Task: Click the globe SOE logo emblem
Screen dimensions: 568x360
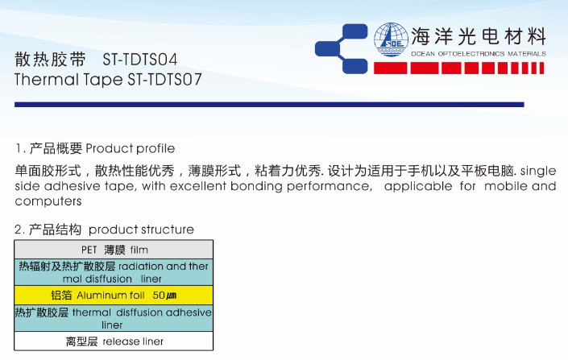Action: pyautogui.click(x=391, y=39)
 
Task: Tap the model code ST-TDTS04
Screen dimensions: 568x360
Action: pyautogui.click(x=140, y=60)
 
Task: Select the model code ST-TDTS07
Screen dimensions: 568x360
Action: pyautogui.click(x=164, y=80)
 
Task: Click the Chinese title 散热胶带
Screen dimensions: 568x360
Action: pyautogui.click(x=50, y=60)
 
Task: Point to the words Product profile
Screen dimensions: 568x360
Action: pyautogui.click(x=130, y=148)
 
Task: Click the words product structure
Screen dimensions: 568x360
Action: pyautogui.click(x=141, y=230)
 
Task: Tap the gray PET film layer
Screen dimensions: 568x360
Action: pyautogui.click(x=114, y=250)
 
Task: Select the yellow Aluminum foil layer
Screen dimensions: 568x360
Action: pyautogui.click(x=114, y=296)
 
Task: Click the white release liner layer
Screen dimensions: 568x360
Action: pyautogui.click(x=114, y=341)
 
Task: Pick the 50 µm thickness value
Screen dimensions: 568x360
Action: pyautogui.click(x=164, y=296)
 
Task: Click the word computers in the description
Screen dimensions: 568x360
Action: pyautogui.click(x=48, y=201)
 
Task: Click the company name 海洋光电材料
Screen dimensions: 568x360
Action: pyautogui.click(x=479, y=36)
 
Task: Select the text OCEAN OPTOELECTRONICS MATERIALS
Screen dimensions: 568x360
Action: pyautogui.click(x=479, y=54)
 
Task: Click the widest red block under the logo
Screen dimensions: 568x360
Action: pyautogui.click(x=390, y=68)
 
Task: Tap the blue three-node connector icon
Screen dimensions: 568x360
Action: pyautogui.click(x=342, y=49)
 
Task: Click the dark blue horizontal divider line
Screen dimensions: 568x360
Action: pyautogui.click(x=269, y=105)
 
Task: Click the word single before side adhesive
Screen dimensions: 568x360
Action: pyautogui.click(x=538, y=171)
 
